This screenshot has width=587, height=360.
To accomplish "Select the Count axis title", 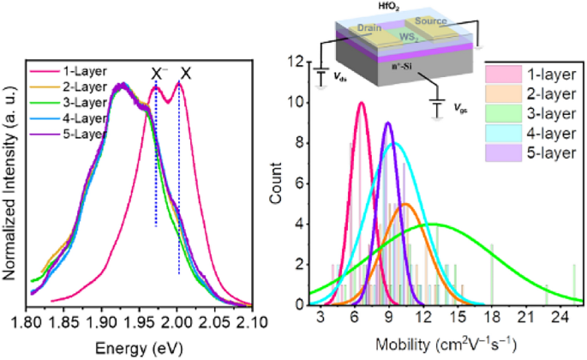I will pyautogui.click(x=275, y=183).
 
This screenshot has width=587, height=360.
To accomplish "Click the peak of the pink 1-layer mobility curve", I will pyautogui.click(x=362, y=103).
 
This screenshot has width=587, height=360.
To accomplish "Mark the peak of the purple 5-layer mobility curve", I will pyautogui.click(x=388, y=123).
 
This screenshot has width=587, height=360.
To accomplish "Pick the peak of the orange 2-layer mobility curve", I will pyautogui.click(x=407, y=204).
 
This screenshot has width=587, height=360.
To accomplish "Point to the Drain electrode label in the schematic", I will pyautogui.click(x=370, y=29).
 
